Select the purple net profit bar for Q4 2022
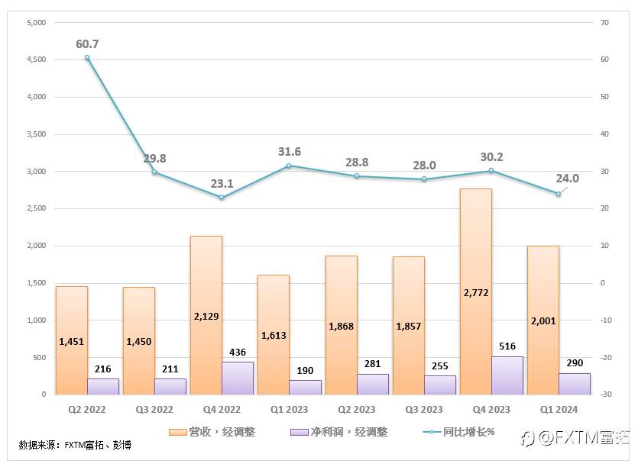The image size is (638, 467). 237,378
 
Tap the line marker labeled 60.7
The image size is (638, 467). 87,58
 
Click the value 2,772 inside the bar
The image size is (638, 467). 475,292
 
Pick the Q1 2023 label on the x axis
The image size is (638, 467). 289,410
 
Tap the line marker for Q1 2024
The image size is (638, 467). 558,194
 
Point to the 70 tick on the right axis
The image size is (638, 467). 601,23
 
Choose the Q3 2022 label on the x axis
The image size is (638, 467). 154,410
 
